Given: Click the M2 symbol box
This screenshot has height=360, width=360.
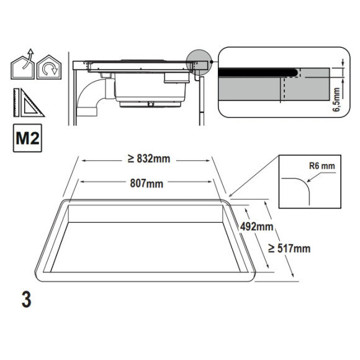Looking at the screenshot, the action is (27, 138).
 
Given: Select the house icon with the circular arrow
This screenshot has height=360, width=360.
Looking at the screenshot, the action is (49, 67).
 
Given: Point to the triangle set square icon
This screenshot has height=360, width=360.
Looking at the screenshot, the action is (32, 104).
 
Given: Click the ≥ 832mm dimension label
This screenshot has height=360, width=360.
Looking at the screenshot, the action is (149, 159).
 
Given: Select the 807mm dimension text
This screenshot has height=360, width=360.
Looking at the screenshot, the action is (146, 184).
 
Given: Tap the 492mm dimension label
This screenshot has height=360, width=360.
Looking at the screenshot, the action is (257, 227).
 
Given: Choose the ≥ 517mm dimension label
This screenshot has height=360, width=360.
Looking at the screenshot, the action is (289, 248).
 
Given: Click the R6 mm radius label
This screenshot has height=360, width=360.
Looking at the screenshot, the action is (322, 166).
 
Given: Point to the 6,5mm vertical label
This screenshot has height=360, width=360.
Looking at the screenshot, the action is (336, 99).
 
